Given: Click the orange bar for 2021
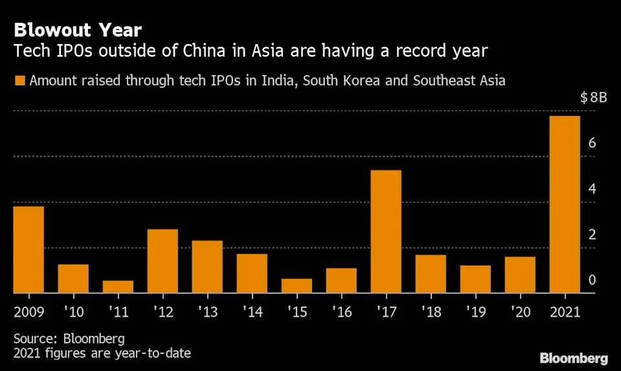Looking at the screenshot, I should click(564, 205).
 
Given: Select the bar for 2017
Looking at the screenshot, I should click(385, 232).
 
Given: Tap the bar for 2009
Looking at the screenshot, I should click(28, 250).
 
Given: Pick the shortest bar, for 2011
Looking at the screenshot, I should click(118, 287).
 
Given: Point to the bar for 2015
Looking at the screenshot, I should click(297, 286).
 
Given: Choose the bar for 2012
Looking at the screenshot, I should click(163, 261).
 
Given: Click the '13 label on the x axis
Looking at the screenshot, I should click(207, 311).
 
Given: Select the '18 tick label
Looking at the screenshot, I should click(430, 311).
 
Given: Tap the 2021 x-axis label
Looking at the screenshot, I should click(564, 311).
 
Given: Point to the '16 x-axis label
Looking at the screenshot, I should click(341, 311).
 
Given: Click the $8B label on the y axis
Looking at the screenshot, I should click(593, 98).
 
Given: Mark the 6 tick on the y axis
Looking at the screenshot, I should click(592, 144).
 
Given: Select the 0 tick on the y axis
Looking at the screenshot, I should click(592, 280).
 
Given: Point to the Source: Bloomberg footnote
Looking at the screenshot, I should click(60, 339).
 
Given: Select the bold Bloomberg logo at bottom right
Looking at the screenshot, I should click(574, 358).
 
